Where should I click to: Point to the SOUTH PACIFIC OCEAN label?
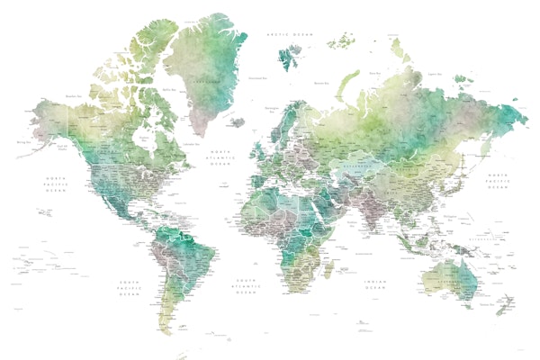(x=130, y=287)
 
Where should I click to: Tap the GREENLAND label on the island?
(x=209, y=79)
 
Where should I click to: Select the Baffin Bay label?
(x=168, y=89)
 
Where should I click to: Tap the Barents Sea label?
(x=319, y=83)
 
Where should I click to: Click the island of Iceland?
(x=237, y=121)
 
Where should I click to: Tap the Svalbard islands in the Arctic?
(x=290, y=58)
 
